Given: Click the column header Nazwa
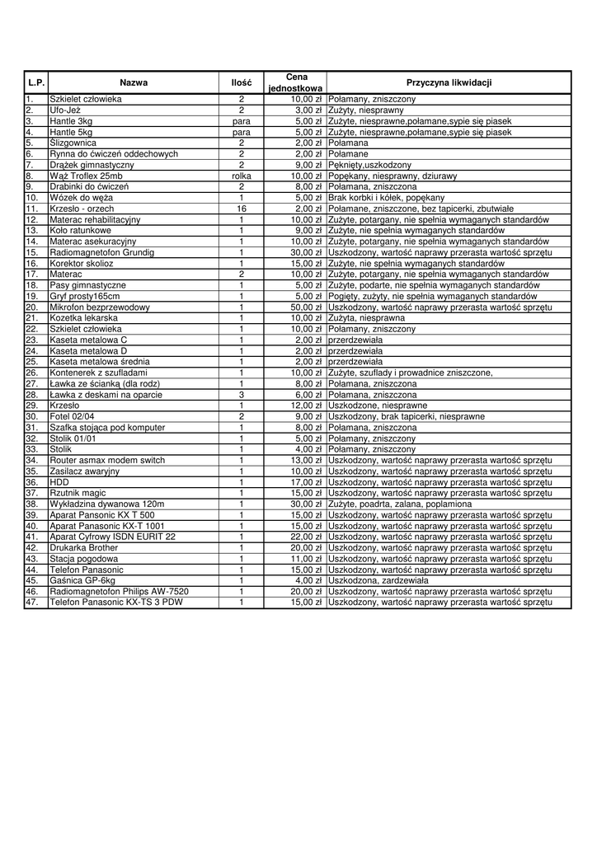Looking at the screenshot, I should point(134,82).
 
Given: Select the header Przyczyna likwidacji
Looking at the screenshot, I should point(449,82).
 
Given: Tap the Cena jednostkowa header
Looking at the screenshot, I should point(296,82).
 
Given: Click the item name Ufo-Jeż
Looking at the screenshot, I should point(65,110).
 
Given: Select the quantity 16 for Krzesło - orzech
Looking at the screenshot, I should point(242,209).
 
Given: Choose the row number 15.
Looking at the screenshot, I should point(32,252).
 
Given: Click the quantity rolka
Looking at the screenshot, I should point(242,176).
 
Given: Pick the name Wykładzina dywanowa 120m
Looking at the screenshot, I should point(106,504).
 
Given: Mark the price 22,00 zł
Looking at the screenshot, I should point(306,537).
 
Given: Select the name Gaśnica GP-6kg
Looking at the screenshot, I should point(82,580).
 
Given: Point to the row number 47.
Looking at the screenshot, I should point(32,603).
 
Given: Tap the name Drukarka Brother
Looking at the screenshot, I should point(83,547).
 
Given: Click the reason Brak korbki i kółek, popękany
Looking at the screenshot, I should point(386,198).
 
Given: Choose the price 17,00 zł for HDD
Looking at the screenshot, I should point(306,482).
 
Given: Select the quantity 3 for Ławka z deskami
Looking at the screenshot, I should point(242,395).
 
